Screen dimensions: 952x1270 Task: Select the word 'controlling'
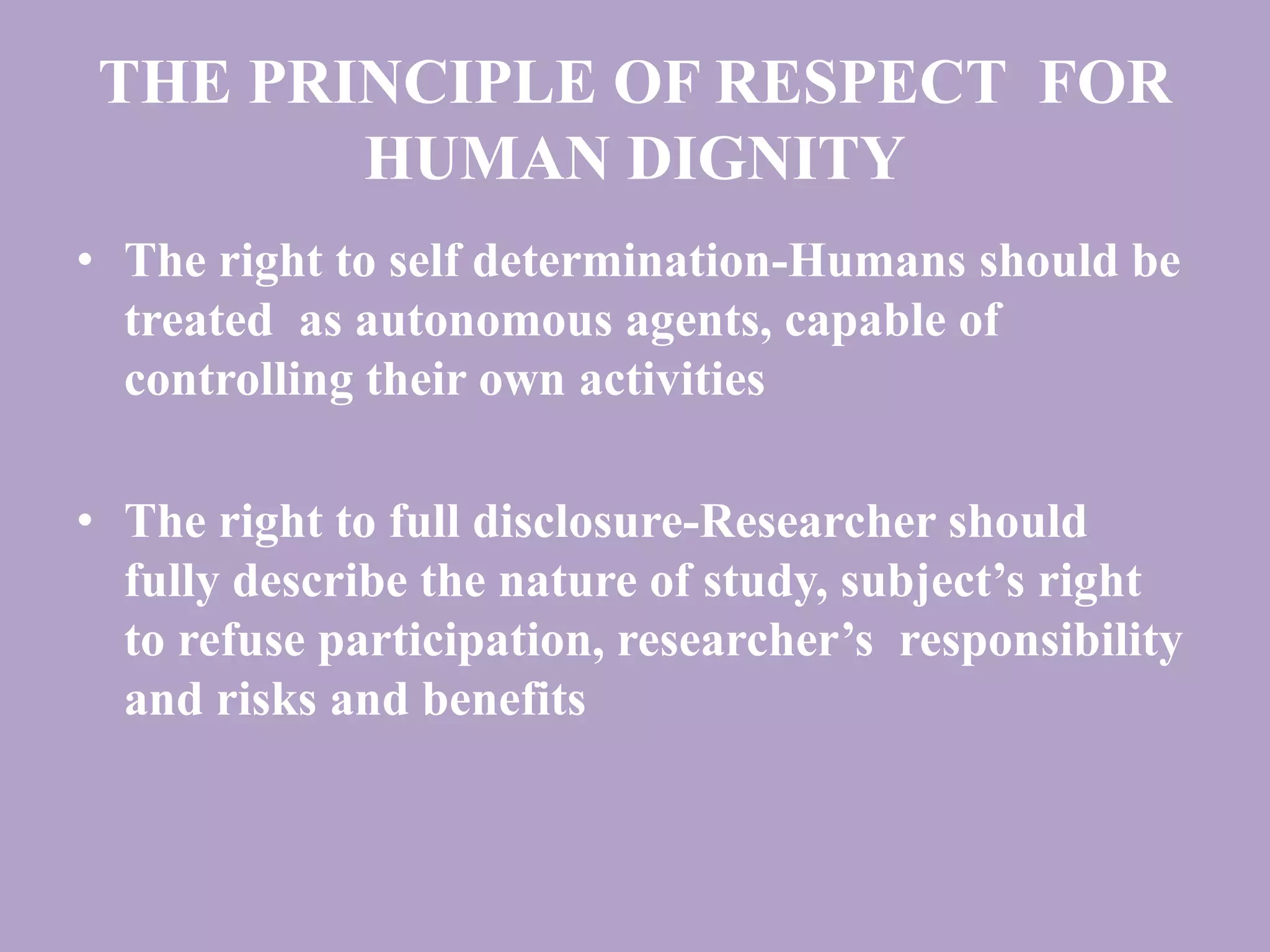coord(238,381)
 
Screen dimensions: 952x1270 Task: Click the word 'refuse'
coord(242,641)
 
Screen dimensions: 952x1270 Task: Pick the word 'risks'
coord(266,700)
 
